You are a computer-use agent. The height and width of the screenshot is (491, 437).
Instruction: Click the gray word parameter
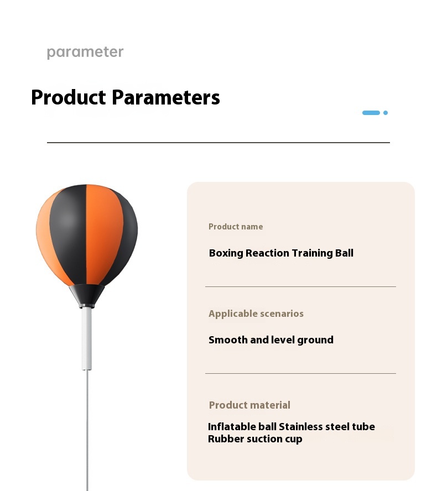click(85, 53)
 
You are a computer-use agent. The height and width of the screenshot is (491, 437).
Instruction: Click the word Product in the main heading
click(69, 97)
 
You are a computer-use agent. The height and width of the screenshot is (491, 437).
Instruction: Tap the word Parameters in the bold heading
click(166, 97)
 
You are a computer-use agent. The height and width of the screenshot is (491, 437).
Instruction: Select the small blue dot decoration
click(386, 113)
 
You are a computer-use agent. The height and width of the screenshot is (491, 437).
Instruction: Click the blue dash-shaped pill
click(371, 113)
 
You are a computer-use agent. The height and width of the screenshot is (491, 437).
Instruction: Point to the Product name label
click(236, 226)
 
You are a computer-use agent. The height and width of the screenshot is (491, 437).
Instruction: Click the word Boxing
click(226, 253)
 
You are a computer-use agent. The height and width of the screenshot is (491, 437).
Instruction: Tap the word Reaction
click(267, 253)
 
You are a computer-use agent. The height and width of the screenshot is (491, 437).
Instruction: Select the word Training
click(312, 253)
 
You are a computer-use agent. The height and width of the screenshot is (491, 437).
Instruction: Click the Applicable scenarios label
click(256, 314)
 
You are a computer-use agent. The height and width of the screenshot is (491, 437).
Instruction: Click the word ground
click(315, 340)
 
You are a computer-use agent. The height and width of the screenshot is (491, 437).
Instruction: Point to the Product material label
click(249, 405)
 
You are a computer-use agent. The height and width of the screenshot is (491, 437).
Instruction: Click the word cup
click(294, 440)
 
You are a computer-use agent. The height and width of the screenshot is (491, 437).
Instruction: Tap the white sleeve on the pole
click(87, 338)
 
